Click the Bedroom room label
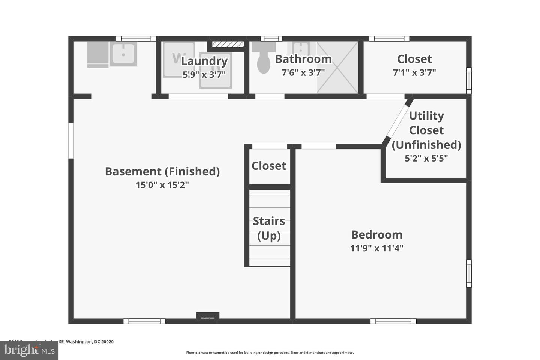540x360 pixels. click(x=376, y=235)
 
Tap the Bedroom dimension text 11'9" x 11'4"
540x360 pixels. click(x=376, y=248)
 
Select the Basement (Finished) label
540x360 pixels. click(x=162, y=171)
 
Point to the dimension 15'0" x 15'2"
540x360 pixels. click(x=162, y=185)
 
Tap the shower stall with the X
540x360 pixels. click(x=338, y=67)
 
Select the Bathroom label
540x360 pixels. click(x=303, y=59)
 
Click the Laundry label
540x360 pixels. click(x=204, y=61)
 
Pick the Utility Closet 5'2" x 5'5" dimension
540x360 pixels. click(x=426, y=158)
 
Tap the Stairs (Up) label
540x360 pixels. click(x=269, y=228)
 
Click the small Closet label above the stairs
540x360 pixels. click(x=269, y=166)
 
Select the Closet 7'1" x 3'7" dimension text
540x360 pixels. click(x=414, y=72)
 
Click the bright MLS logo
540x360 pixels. click(x=29, y=350)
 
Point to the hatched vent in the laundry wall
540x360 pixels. click(x=228, y=44)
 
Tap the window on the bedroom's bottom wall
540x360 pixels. click(x=393, y=321)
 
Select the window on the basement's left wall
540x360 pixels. click(x=71, y=141)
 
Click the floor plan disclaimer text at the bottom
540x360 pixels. click(x=270, y=352)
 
